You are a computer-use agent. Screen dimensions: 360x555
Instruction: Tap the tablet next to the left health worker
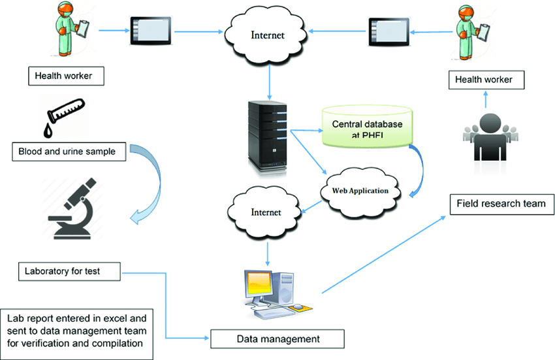point(151,29)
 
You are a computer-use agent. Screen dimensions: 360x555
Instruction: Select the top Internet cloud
point(268,35)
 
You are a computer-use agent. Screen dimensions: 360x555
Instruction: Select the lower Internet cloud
point(264,212)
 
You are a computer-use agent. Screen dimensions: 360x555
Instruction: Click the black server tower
point(266,136)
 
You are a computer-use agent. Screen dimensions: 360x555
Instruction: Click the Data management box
point(277,338)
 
